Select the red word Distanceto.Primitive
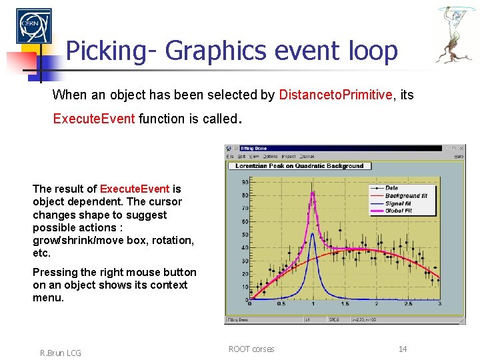(336, 95)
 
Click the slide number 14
(403, 349)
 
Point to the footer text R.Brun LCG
(61, 353)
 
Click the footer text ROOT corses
(251, 349)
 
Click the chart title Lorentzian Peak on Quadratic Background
(300, 165)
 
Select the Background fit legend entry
(406, 195)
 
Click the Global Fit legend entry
(398, 210)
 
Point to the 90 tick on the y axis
(245, 182)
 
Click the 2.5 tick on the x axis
(407, 303)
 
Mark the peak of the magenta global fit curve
(312, 193)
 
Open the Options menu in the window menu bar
(271, 156)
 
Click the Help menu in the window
(458, 156)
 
